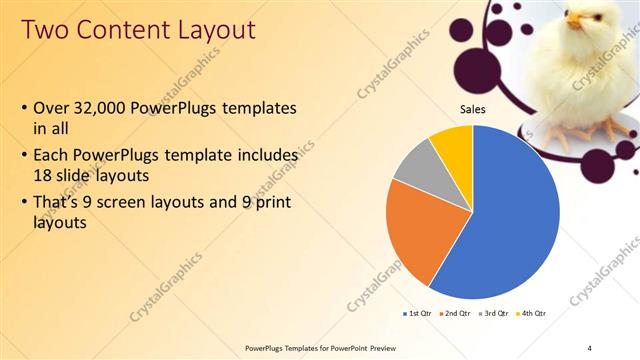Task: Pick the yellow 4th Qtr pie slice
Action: click(454, 145)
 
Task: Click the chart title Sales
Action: click(472, 109)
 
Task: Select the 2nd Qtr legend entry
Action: click(456, 314)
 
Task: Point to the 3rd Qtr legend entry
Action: click(495, 314)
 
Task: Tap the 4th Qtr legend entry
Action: click(533, 314)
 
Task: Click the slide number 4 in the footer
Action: click(590, 348)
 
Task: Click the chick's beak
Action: click(574, 20)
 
